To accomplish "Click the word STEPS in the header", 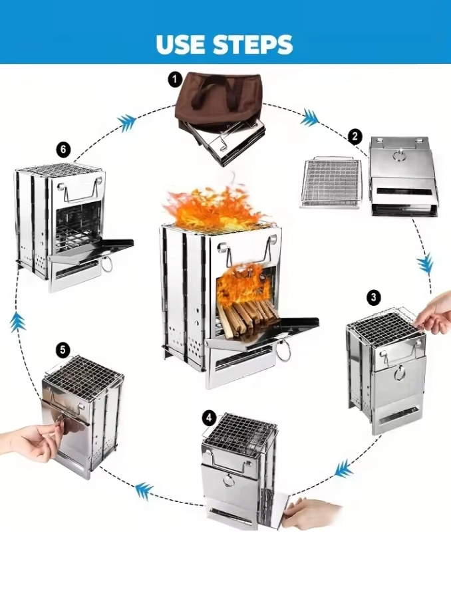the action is click(253, 44).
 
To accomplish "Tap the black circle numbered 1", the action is click(175, 80).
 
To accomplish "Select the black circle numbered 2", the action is click(355, 136).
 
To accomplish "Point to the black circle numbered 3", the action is click(374, 297).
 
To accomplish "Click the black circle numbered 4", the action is click(209, 418).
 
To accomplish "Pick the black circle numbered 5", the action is click(63, 350).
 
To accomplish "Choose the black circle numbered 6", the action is click(64, 149).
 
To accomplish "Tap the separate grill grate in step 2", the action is click(331, 182).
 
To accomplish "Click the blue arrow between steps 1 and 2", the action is click(309, 117).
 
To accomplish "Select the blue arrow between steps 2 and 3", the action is click(425, 264).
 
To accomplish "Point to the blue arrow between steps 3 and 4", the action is click(343, 469).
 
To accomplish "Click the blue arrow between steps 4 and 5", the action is click(144, 491).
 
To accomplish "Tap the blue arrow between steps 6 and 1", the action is click(127, 122).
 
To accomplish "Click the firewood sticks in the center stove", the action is click(247, 318).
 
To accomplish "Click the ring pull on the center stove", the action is click(284, 350).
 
